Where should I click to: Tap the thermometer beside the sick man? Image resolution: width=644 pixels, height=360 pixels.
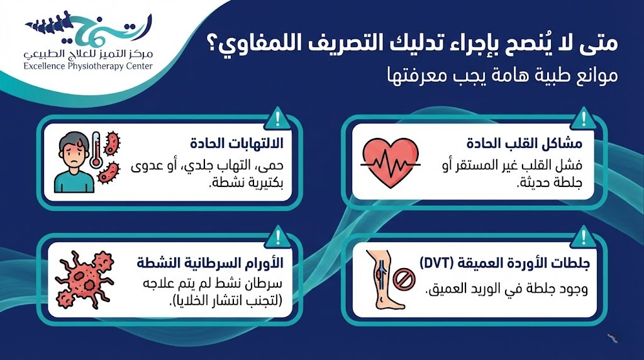tap(96, 150)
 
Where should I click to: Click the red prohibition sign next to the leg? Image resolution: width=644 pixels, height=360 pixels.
tap(404, 279)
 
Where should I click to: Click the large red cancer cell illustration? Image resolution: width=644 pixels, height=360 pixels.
tap(85, 279)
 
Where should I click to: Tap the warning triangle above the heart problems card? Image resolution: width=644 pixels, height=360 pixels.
tap(583, 118)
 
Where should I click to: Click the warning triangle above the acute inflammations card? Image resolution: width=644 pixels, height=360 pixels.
tap(278, 118)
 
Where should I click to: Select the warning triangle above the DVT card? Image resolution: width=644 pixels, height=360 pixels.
tap(583, 237)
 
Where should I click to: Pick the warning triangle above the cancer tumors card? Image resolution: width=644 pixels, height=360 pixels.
tap(278, 237)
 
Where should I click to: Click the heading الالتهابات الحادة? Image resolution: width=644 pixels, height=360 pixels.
tap(236, 143)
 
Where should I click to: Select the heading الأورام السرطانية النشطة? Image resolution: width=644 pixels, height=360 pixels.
tap(210, 262)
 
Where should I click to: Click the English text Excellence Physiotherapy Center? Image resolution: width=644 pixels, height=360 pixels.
tap(88, 66)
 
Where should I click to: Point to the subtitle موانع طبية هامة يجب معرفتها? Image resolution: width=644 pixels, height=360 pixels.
tap(502, 76)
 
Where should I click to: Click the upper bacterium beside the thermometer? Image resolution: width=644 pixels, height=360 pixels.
tap(112, 143)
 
